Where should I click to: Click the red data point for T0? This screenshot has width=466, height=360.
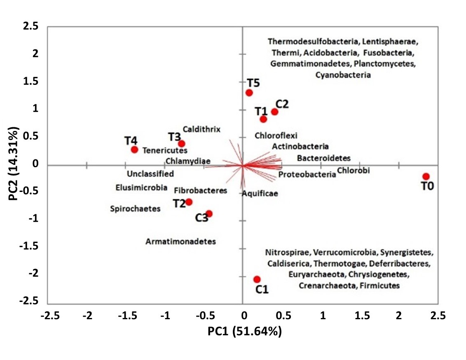point(426,176)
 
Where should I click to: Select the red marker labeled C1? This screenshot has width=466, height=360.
point(257,279)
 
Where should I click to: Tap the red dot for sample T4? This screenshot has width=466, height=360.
point(134,150)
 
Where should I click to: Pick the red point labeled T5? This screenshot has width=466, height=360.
point(249,93)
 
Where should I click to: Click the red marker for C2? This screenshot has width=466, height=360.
point(274,112)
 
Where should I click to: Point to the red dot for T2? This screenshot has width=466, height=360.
point(189,202)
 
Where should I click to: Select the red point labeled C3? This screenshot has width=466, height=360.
point(209,213)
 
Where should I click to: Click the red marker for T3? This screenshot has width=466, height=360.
point(181,144)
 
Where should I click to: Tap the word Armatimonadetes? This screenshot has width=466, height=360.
point(180,241)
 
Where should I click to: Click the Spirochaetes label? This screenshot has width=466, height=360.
point(135,209)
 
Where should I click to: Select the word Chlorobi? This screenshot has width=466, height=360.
point(353,170)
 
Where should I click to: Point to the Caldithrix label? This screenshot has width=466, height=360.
point(201,129)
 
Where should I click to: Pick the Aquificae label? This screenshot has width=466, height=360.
point(260,193)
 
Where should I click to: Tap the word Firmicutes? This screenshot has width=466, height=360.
point(383,285)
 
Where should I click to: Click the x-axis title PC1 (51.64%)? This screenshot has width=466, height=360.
point(244,332)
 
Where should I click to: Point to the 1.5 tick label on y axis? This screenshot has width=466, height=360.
point(31,81)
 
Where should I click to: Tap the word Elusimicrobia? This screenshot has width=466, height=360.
point(141,188)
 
